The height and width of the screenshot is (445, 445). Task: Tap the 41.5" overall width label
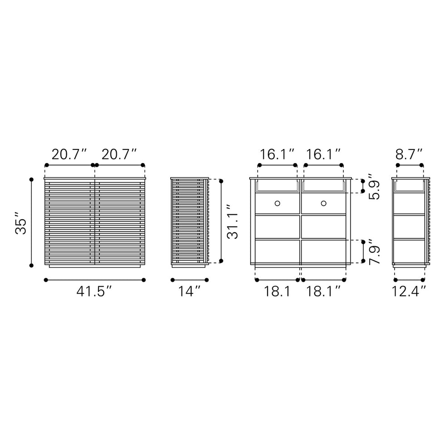click(x=94, y=292)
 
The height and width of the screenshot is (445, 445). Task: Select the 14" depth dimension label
click(x=189, y=292)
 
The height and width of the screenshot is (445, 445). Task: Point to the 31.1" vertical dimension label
click(x=232, y=222)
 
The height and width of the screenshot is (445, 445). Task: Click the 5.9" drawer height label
click(x=374, y=187)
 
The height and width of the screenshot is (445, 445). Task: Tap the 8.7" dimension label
click(x=409, y=154)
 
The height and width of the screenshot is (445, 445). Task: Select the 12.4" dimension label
click(x=409, y=292)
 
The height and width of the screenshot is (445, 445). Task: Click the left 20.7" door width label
click(x=69, y=154)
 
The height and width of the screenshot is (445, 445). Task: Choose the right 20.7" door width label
click(x=119, y=154)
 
